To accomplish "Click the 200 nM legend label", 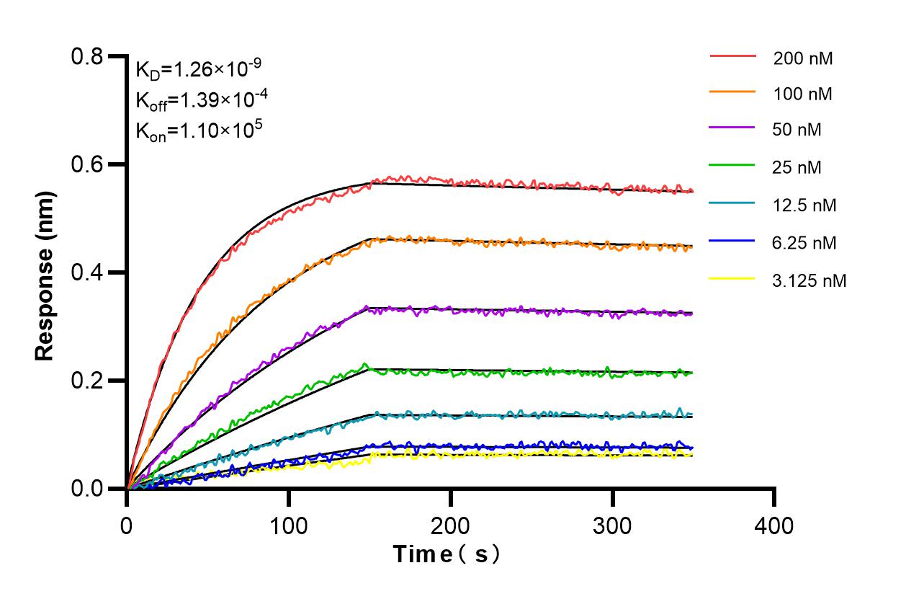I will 802,58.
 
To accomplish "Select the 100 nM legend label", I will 802,94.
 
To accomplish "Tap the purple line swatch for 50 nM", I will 732,130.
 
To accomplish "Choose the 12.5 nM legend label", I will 804,205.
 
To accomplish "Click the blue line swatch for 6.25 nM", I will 732,243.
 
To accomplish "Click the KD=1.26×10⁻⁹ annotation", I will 198,70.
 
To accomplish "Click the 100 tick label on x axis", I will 289,525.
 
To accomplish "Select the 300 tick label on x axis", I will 613,525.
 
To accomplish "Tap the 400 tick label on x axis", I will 775,525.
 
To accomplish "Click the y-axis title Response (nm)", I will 45,275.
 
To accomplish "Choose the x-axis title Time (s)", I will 447,554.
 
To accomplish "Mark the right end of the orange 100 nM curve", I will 692,247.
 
